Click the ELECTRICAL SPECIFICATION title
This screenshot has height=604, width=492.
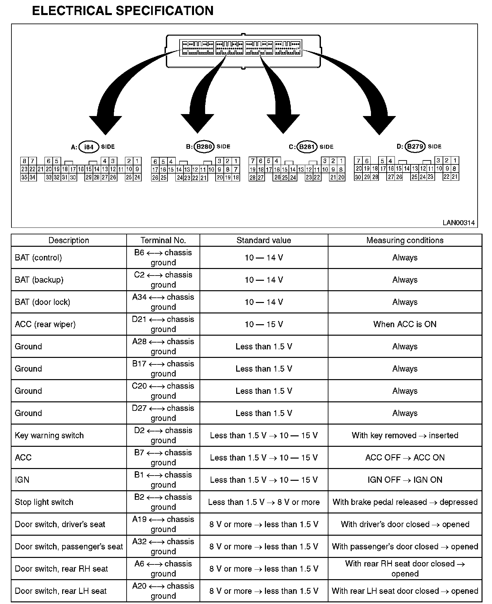pyautogui.click(x=123, y=11)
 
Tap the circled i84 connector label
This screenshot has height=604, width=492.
pyautogui.click(x=89, y=147)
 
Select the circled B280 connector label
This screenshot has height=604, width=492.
pyautogui.click(x=204, y=147)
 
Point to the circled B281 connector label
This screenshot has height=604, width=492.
pyautogui.click(x=307, y=147)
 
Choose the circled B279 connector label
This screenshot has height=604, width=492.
pyautogui.click(x=415, y=146)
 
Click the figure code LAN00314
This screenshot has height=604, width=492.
pyautogui.click(x=458, y=223)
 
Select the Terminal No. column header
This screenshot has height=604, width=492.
pyautogui.click(x=163, y=241)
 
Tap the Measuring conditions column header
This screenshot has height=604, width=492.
pyautogui.click(x=405, y=241)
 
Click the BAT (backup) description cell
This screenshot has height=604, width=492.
pyautogui.click(x=39, y=280)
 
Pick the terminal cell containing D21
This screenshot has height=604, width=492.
pyautogui.click(x=163, y=324)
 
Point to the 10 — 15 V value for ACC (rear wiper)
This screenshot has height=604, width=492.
pyautogui.click(x=264, y=324)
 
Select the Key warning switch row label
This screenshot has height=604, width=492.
pyautogui.click(x=49, y=435)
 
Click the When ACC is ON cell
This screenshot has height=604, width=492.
pyautogui.click(x=405, y=324)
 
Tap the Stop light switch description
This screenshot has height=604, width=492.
pyautogui.click(x=44, y=502)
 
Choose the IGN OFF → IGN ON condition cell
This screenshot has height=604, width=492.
pyautogui.click(x=405, y=480)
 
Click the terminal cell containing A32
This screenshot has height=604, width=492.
pyautogui.click(x=163, y=546)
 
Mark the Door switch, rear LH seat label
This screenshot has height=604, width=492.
pyautogui.click(x=61, y=591)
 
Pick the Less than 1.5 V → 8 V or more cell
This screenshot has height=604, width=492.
pyautogui.click(x=264, y=502)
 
